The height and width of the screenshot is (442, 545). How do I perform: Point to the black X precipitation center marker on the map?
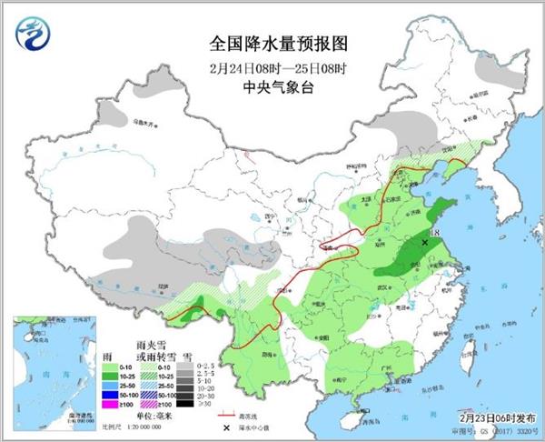tap(425, 243)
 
